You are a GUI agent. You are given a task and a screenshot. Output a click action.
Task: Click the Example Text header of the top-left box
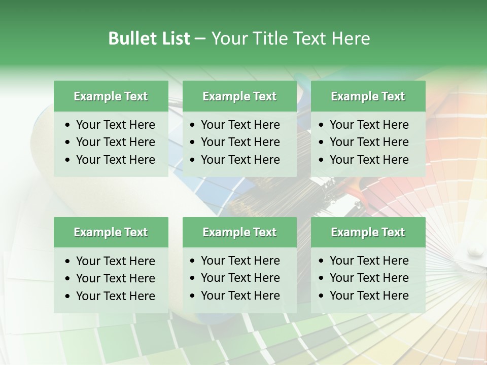coord(111,96)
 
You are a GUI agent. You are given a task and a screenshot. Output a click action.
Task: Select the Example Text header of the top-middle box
coord(239,96)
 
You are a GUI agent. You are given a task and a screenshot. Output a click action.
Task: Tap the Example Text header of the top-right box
coord(368,96)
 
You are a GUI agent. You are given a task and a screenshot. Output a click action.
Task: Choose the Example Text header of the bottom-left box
coord(111,232)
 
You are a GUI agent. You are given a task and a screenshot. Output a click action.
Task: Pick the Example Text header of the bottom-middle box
coord(239,232)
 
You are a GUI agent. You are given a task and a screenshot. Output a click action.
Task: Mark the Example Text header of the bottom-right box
coord(368,232)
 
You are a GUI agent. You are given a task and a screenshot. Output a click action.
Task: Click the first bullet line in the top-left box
coord(115,125)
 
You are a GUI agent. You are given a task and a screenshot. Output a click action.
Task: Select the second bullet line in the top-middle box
coord(240,142)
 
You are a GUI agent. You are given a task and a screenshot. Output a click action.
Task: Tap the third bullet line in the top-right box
coord(369,160)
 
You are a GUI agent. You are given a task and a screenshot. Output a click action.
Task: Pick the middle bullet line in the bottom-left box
coord(115,278)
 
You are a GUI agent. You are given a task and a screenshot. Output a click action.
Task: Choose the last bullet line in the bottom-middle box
coord(240,296)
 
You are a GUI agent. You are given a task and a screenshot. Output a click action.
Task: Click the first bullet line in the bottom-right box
coord(369,261)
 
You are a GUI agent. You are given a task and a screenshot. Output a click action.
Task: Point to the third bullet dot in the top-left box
coord(68,160)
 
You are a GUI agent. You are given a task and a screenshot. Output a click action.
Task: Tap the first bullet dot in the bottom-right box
coord(322,261)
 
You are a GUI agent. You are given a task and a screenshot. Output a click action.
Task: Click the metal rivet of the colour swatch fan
coord(475,249)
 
